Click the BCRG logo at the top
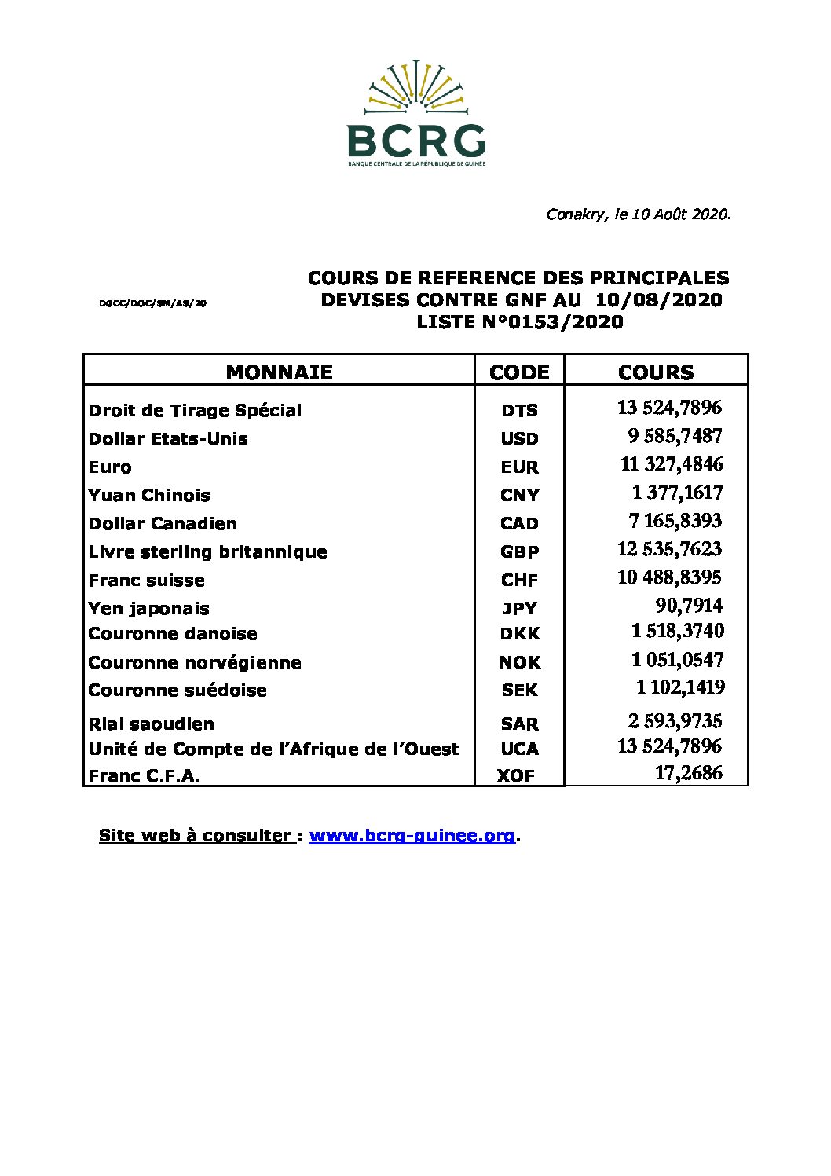click(x=416, y=113)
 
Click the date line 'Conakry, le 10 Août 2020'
click(x=639, y=214)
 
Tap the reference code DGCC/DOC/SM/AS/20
click(x=153, y=302)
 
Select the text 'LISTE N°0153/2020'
click(x=519, y=322)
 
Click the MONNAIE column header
click(x=279, y=372)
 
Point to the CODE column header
click(x=519, y=372)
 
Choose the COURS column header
click(x=656, y=372)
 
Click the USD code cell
click(x=519, y=439)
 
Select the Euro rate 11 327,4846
click(x=671, y=464)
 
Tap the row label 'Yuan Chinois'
click(x=149, y=496)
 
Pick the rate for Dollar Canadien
click(x=675, y=521)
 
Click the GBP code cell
click(x=519, y=552)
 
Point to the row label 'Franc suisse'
click(x=147, y=581)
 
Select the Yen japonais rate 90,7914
click(x=688, y=606)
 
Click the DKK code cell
click(x=519, y=634)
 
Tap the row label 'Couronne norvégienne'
click(x=195, y=663)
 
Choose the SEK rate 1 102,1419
click(x=680, y=687)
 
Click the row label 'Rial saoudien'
click(x=152, y=724)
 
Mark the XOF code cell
click(x=515, y=776)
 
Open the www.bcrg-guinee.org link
click(x=412, y=836)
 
